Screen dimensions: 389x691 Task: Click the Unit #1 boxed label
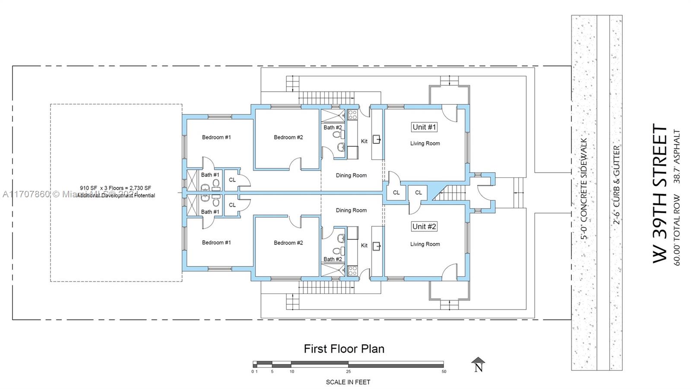(x=424, y=127)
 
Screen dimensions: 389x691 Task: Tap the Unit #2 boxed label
(x=424, y=226)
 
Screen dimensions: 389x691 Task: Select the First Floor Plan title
(x=344, y=349)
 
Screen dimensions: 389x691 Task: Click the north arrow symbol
(x=478, y=364)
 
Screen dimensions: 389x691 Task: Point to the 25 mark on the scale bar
(x=348, y=371)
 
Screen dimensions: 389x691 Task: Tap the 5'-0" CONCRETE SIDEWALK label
(x=584, y=189)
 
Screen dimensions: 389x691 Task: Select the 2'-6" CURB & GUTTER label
(x=617, y=185)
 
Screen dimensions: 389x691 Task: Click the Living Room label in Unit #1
(x=425, y=143)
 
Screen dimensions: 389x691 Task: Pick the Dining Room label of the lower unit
(x=351, y=210)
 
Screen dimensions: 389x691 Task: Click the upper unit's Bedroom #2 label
(x=288, y=137)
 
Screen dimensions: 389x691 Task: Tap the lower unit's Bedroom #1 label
(x=216, y=242)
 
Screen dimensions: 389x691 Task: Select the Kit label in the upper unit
(x=364, y=141)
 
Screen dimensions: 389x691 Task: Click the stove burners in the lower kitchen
(x=352, y=271)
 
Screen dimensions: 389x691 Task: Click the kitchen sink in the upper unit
(x=377, y=139)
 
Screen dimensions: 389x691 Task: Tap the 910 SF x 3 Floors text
(x=115, y=188)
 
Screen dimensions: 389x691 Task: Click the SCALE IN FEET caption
(x=348, y=382)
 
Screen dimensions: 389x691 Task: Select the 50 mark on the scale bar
(x=444, y=371)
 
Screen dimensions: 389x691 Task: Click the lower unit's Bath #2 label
(x=333, y=259)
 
